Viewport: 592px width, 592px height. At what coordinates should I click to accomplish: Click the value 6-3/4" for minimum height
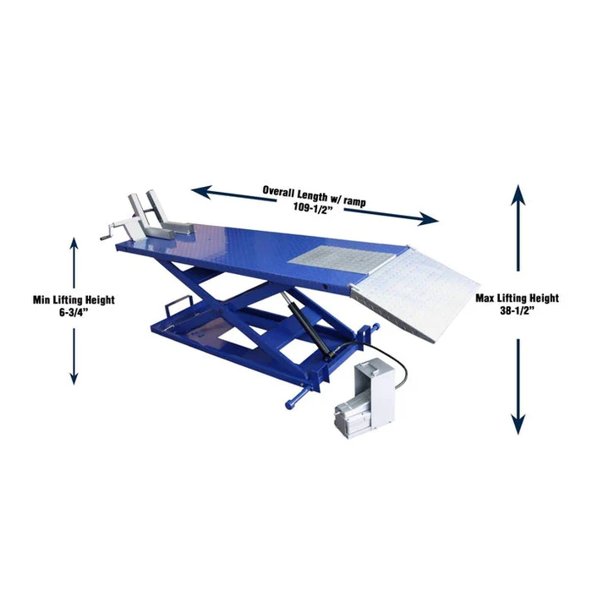[74, 312]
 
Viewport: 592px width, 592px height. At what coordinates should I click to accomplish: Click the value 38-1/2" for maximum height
[517, 310]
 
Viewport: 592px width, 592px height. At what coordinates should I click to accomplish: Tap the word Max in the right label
[486, 298]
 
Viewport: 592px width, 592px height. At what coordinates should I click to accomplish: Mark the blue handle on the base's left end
[176, 304]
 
